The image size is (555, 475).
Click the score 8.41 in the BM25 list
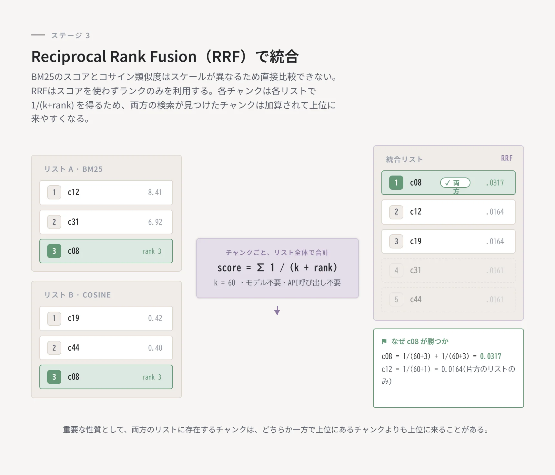[x=155, y=193]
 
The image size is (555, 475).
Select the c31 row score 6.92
[x=155, y=222]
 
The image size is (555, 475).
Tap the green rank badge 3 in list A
[x=54, y=251]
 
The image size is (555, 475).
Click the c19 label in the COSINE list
[x=74, y=318]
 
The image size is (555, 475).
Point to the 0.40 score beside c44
[x=155, y=348]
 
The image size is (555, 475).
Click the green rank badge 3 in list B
[x=54, y=377]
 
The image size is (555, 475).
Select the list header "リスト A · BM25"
[x=73, y=169]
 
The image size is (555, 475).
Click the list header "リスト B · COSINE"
[x=77, y=295]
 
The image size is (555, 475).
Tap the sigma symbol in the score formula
[x=260, y=268]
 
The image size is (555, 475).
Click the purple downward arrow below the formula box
[x=277, y=310]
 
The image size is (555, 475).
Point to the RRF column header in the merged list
[x=507, y=158]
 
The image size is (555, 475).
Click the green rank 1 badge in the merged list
[x=396, y=183]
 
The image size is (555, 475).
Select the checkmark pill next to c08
[x=455, y=183]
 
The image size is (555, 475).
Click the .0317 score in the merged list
[x=495, y=183]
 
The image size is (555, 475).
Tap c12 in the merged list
[x=416, y=212]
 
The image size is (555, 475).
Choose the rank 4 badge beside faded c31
[x=396, y=270]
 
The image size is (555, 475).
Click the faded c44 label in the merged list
[x=416, y=299]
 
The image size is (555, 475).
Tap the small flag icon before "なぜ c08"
[x=384, y=341]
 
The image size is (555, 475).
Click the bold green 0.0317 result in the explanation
[x=490, y=356]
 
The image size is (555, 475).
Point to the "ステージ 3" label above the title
[x=70, y=35]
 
